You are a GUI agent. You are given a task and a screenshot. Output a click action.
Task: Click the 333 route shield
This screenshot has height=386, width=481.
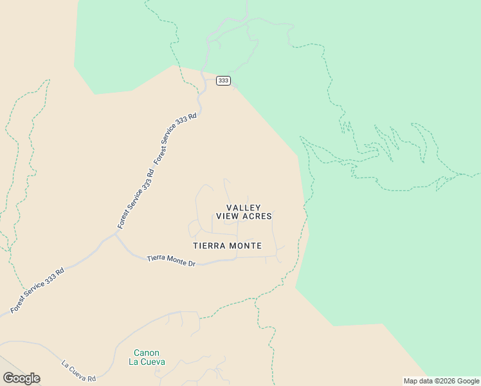coord(223,80)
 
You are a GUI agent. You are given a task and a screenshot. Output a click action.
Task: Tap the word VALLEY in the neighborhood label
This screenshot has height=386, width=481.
coord(244,208)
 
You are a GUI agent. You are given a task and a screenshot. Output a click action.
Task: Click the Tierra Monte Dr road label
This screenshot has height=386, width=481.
coord(170,261)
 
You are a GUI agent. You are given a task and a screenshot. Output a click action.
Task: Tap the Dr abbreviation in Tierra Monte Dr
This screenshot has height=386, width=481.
coord(190,263)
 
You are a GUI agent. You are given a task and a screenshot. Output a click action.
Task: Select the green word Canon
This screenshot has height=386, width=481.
coord(147,353)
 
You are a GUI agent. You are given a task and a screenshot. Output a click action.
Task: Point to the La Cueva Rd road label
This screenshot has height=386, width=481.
coord(78,371)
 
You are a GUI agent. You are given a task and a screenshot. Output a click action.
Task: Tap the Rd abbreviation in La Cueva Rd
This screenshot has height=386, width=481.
coord(91,378)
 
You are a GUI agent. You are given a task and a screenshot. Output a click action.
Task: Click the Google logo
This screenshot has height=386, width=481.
coord(21,378)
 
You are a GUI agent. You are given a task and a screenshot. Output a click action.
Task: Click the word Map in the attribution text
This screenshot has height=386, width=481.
coord(411,381)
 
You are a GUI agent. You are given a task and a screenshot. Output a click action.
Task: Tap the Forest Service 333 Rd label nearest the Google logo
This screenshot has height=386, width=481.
coord(37,290)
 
